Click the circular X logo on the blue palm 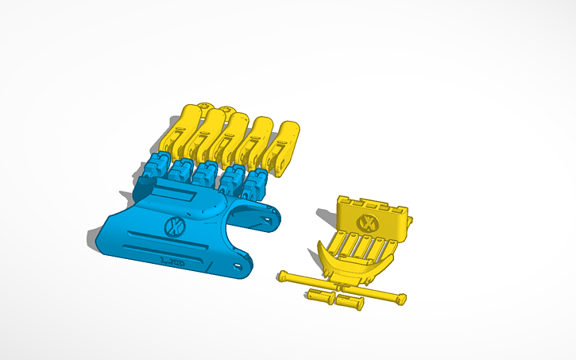pos(173,226)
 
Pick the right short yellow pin pos(348,302)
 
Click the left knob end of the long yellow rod pos(282,277)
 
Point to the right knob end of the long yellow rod pos(400,298)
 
